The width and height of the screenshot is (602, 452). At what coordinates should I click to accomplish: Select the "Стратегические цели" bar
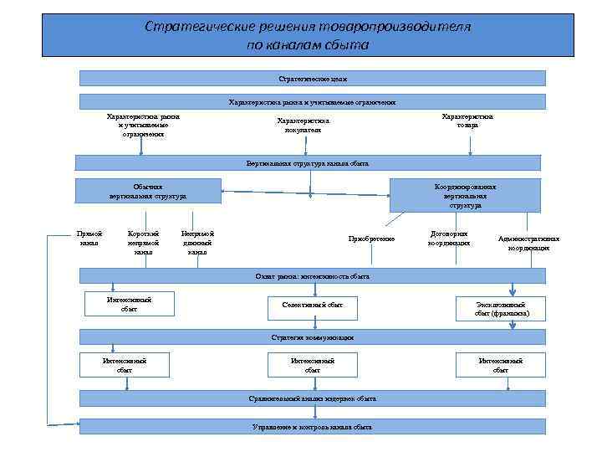pyautogui.click(x=312, y=78)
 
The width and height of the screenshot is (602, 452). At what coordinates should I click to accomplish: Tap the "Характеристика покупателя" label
pyautogui.click(x=298, y=125)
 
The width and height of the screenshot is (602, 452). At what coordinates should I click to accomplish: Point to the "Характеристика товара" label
pyautogui.click(x=467, y=121)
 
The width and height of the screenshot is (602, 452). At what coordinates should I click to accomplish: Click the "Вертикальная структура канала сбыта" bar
pyautogui.click(x=308, y=163)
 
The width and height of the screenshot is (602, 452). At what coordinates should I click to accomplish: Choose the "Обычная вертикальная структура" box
pyautogui.click(x=148, y=191)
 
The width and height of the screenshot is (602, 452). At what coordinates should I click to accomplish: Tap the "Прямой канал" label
pyautogui.click(x=89, y=238)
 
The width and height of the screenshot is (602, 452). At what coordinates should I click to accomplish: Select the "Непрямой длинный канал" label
pyautogui.click(x=197, y=243)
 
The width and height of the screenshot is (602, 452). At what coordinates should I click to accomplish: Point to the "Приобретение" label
pyautogui.click(x=371, y=239)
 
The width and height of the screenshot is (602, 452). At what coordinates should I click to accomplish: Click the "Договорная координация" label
pyautogui.click(x=449, y=239)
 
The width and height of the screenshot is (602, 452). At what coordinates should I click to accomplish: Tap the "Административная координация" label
pyautogui.click(x=528, y=243)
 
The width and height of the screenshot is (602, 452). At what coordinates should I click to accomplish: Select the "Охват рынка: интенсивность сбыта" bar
pyautogui.click(x=312, y=275)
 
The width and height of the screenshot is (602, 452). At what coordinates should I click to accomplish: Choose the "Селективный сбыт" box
pyautogui.click(x=313, y=306)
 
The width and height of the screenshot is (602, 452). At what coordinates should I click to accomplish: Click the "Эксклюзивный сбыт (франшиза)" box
pyautogui.click(x=500, y=309)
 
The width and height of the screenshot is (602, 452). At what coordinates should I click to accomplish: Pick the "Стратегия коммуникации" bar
pyautogui.click(x=312, y=336)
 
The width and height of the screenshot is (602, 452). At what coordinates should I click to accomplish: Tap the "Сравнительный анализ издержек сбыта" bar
pyautogui.click(x=312, y=398)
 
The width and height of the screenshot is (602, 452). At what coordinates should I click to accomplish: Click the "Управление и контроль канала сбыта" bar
pyautogui.click(x=312, y=426)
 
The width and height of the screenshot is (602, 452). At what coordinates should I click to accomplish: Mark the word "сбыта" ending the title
pyautogui.click(x=349, y=45)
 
